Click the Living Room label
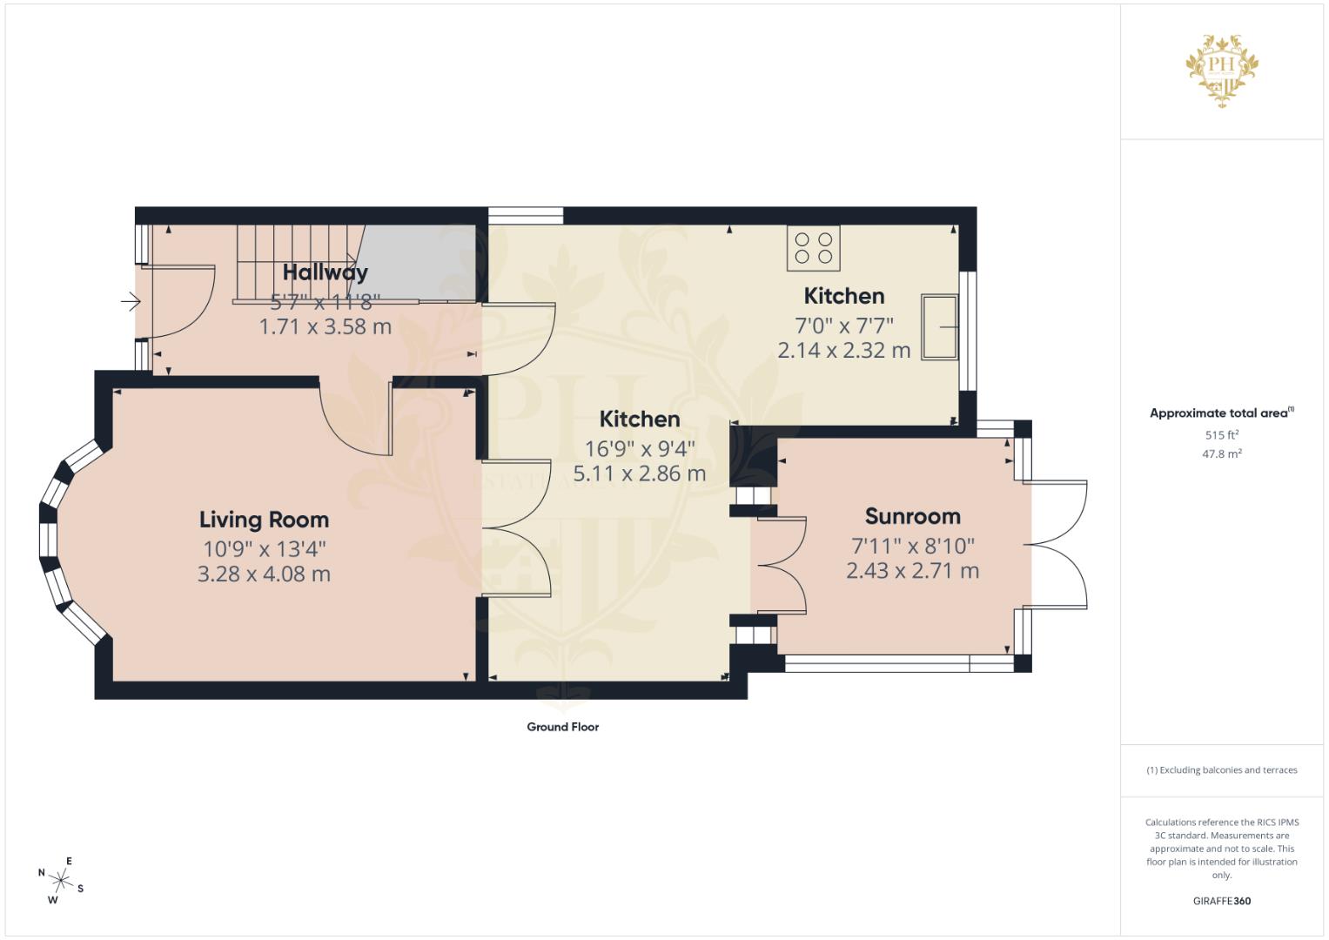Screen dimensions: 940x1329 click(x=264, y=520)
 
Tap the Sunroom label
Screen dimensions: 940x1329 click(x=912, y=516)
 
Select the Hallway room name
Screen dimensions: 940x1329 click(x=325, y=272)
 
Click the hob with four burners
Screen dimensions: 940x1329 click(x=814, y=247)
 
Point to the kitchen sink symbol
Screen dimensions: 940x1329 click(x=939, y=327)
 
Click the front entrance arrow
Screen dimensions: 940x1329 click(x=131, y=302)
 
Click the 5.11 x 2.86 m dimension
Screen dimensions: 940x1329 click(x=639, y=474)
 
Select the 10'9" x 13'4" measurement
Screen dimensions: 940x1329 click(x=264, y=548)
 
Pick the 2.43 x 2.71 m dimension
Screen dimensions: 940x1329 click(x=912, y=571)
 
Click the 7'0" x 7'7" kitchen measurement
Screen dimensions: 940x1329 click(x=843, y=325)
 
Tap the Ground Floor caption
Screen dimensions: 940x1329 click(x=562, y=727)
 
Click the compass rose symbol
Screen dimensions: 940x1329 click(x=61, y=879)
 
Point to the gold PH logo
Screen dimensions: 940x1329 click(x=1222, y=70)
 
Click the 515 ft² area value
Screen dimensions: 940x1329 click(x=1221, y=434)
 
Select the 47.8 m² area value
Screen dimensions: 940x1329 click(x=1221, y=453)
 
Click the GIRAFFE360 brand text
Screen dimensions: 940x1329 click(x=1221, y=901)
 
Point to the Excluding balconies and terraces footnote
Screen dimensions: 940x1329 click(x=1221, y=770)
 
